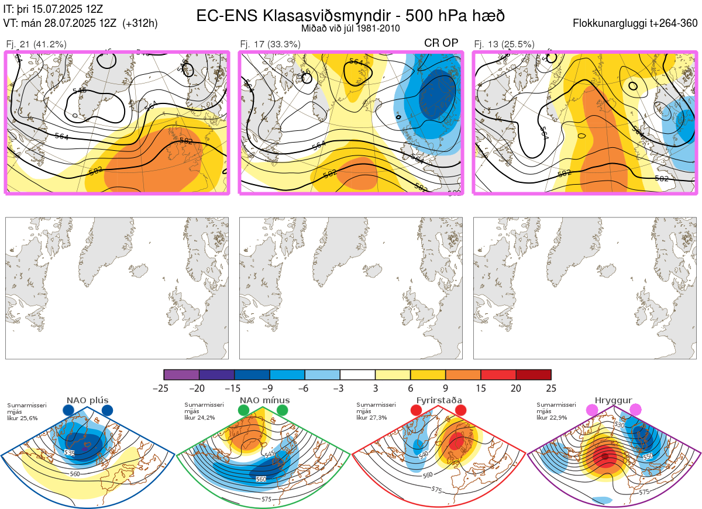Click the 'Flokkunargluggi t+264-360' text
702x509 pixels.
tap(636, 23)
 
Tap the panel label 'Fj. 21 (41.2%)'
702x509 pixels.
tap(36, 44)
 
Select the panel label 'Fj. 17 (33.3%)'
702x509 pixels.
tap(270, 44)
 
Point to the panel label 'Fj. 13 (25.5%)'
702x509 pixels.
tap(504, 44)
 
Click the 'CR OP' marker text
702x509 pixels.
tap(441, 43)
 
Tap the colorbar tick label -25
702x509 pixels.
tap(164, 388)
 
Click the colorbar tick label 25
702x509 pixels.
tap(550, 388)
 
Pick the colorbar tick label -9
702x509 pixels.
tap(269, 388)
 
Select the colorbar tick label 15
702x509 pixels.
tap(480, 388)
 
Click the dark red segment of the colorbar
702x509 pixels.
tap(533, 375)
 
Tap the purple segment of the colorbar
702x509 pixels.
tap(181, 375)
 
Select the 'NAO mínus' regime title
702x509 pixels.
tap(264, 400)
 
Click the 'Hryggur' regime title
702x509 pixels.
tap(614, 400)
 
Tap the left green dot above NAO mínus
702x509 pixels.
tap(244, 410)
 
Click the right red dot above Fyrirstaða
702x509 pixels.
tap(460, 410)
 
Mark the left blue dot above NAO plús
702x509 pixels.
tap(68, 410)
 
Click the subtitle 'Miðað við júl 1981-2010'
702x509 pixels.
tap(350, 28)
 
